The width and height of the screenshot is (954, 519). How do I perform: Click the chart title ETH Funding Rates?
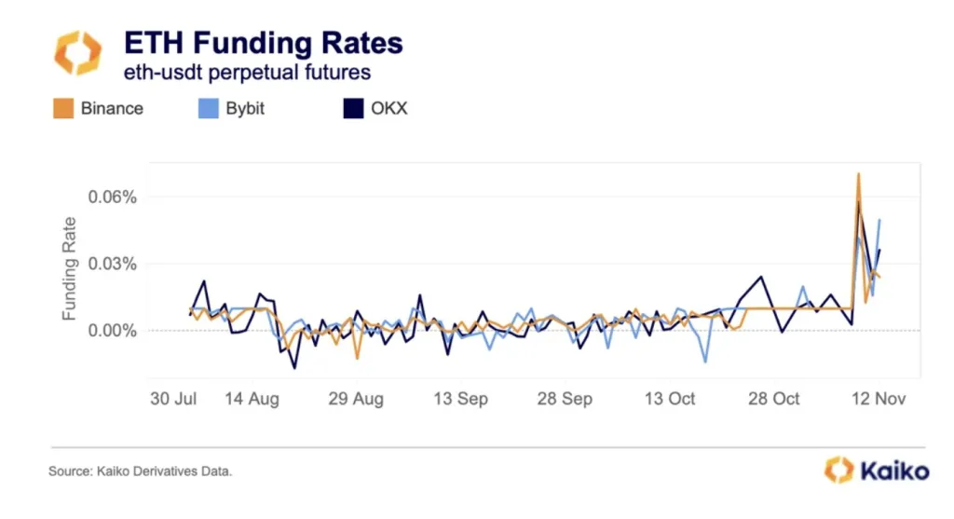click(264, 43)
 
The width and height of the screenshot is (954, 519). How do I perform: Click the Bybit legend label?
click(245, 108)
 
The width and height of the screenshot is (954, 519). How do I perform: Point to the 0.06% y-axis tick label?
click(114, 198)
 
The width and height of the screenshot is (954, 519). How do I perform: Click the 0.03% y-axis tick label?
click(114, 264)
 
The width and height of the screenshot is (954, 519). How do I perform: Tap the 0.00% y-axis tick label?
click(114, 331)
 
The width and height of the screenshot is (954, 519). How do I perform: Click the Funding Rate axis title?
click(69, 269)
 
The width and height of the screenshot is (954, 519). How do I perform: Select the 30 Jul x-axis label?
click(174, 399)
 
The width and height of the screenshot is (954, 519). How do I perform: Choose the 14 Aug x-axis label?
click(252, 399)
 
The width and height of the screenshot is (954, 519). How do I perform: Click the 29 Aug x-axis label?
click(357, 399)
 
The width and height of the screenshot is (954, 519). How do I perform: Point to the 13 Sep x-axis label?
click(461, 399)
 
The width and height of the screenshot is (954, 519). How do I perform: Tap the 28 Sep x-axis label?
click(566, 399)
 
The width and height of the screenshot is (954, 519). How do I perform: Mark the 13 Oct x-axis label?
click(670, 399)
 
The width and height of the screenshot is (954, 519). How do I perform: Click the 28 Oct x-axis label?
click(774, 399)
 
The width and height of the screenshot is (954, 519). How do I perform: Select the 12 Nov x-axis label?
click(879, 399)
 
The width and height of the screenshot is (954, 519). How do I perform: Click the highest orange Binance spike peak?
click(858, 174)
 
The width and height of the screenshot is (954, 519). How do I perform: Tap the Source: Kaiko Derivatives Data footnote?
click(140, 471)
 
